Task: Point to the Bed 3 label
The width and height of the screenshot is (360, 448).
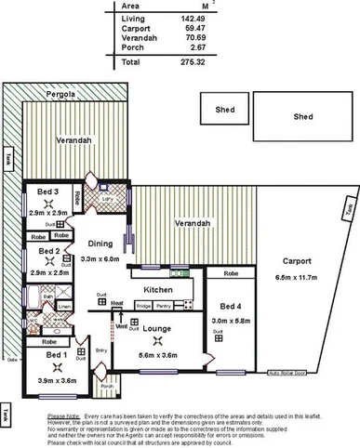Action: tap(48, 192)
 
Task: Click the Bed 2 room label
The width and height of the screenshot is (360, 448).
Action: tap(48, 251)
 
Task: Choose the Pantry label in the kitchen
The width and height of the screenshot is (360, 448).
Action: tap(164, 306)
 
